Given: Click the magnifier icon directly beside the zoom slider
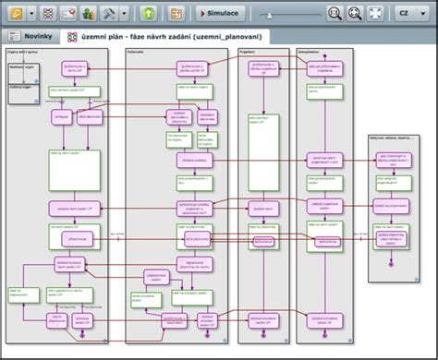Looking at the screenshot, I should click(x=335, y=14).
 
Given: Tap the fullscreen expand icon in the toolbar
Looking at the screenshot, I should click(x=375, y=14).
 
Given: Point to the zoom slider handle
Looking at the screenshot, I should click(x=269, y=15).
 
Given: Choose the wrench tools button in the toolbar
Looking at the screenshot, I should click(x=111, y=14).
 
